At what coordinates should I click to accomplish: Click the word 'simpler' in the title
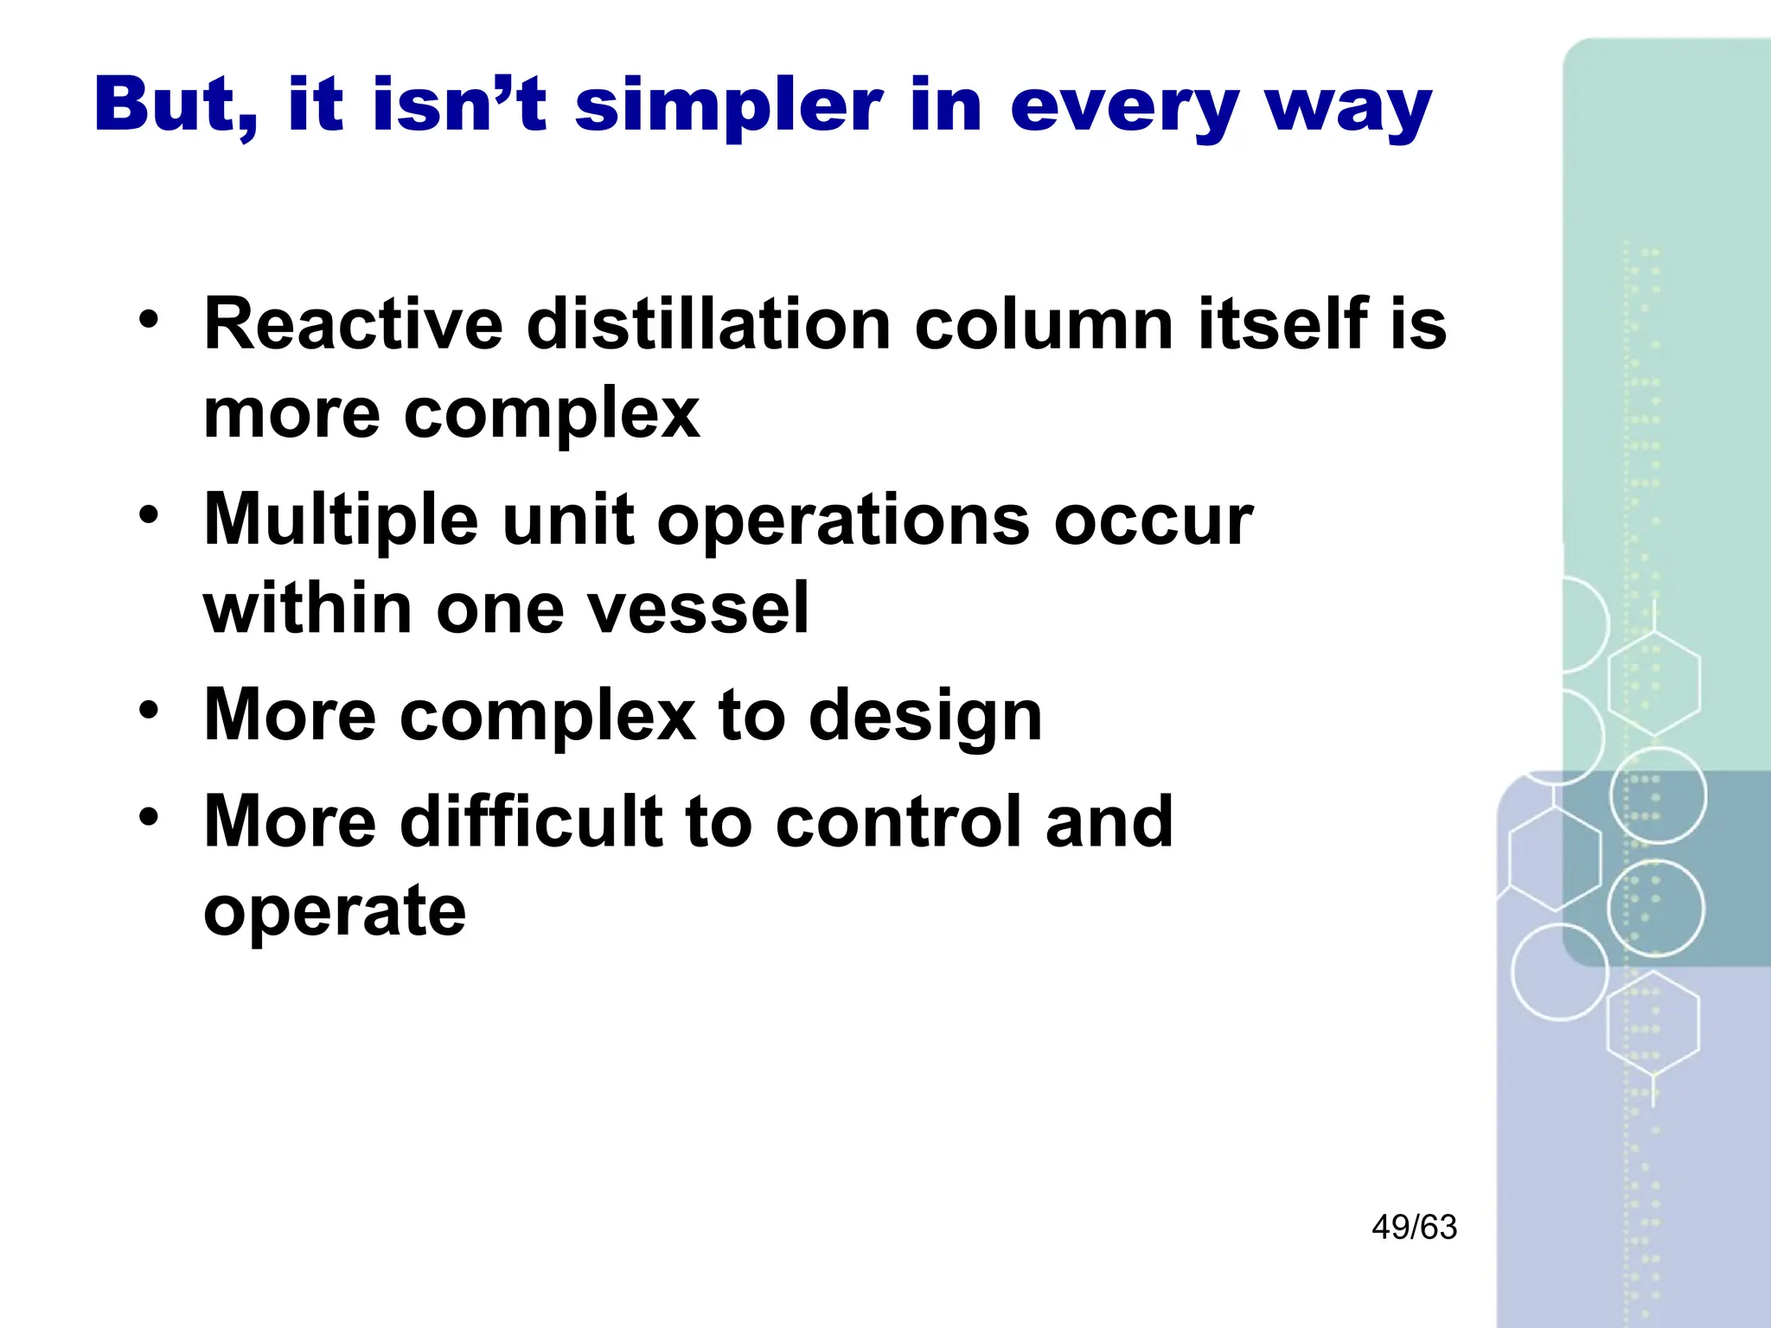click(729, 105)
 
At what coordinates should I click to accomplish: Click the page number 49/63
click(1414, 1227)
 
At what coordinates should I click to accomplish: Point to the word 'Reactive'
click(353, 324)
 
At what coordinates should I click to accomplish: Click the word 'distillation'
click(708, 324)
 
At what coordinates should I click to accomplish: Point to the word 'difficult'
click(530, 821)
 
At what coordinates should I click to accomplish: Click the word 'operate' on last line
click(335, 912)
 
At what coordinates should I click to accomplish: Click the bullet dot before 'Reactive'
click(149, 320)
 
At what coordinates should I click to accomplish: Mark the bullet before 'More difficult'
click(149, 817)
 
